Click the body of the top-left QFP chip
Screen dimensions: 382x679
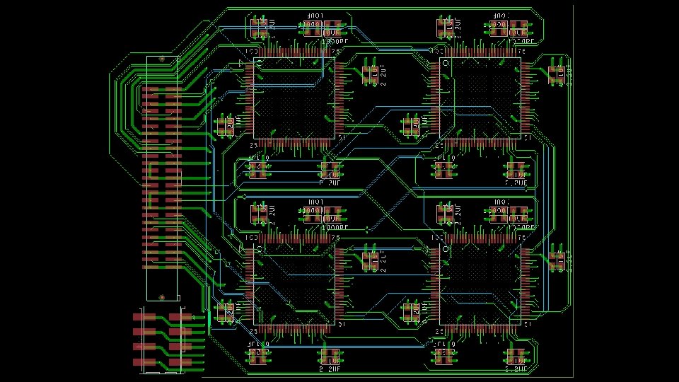[x=293, y=98]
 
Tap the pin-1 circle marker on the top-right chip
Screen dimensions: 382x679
[x=446, y=64]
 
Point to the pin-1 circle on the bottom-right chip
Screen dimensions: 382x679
[x=446, y=249]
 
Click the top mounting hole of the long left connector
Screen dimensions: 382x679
[x=162, y=59]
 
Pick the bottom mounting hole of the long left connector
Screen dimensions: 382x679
[x=162, y=298]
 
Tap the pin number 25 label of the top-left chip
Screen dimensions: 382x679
[x=253, y=146]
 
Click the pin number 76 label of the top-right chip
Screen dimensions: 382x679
[x=522, y=51]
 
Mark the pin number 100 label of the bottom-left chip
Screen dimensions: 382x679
[x=250, y=238]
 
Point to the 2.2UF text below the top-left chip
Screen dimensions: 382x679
[x=330, y=182]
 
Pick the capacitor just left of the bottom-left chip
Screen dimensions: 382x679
[x=225, y=312]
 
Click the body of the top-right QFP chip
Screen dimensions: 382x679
[x=480, y=98]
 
